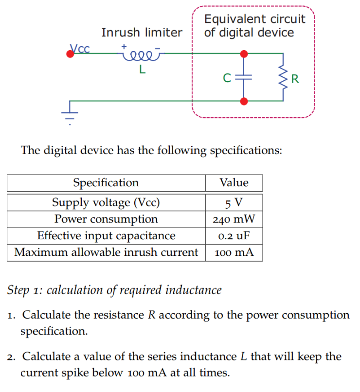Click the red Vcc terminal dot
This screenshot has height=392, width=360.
point(71,53)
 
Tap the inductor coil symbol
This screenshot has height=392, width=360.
point(140,53)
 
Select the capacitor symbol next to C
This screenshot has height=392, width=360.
point(244,77)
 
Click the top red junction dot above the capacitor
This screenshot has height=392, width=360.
point(244,53)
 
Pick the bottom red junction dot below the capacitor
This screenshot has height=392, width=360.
point(244,101)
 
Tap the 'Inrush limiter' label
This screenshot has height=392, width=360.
point(142,33)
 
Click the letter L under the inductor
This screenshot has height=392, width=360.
point(142,69)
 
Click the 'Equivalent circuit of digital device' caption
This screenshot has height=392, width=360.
point(254,26)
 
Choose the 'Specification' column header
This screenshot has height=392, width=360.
point(106,183)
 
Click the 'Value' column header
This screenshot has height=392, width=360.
point(234,183)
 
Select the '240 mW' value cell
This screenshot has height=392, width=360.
point(234,219)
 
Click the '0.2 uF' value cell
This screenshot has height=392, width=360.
point(234,236)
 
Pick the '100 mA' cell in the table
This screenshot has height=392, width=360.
point(234,252)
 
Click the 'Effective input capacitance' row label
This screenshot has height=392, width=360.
point(106,236)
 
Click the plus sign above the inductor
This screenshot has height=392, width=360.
point(125,46)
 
